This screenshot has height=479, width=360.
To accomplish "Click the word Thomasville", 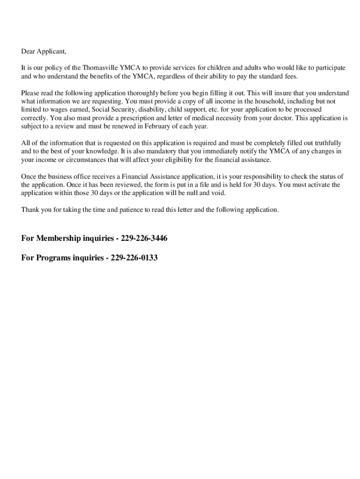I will tap(99, 68).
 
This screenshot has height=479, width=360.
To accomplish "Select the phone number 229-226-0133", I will tap(134, 258).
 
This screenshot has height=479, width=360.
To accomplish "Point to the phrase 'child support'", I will tap(186, 109).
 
